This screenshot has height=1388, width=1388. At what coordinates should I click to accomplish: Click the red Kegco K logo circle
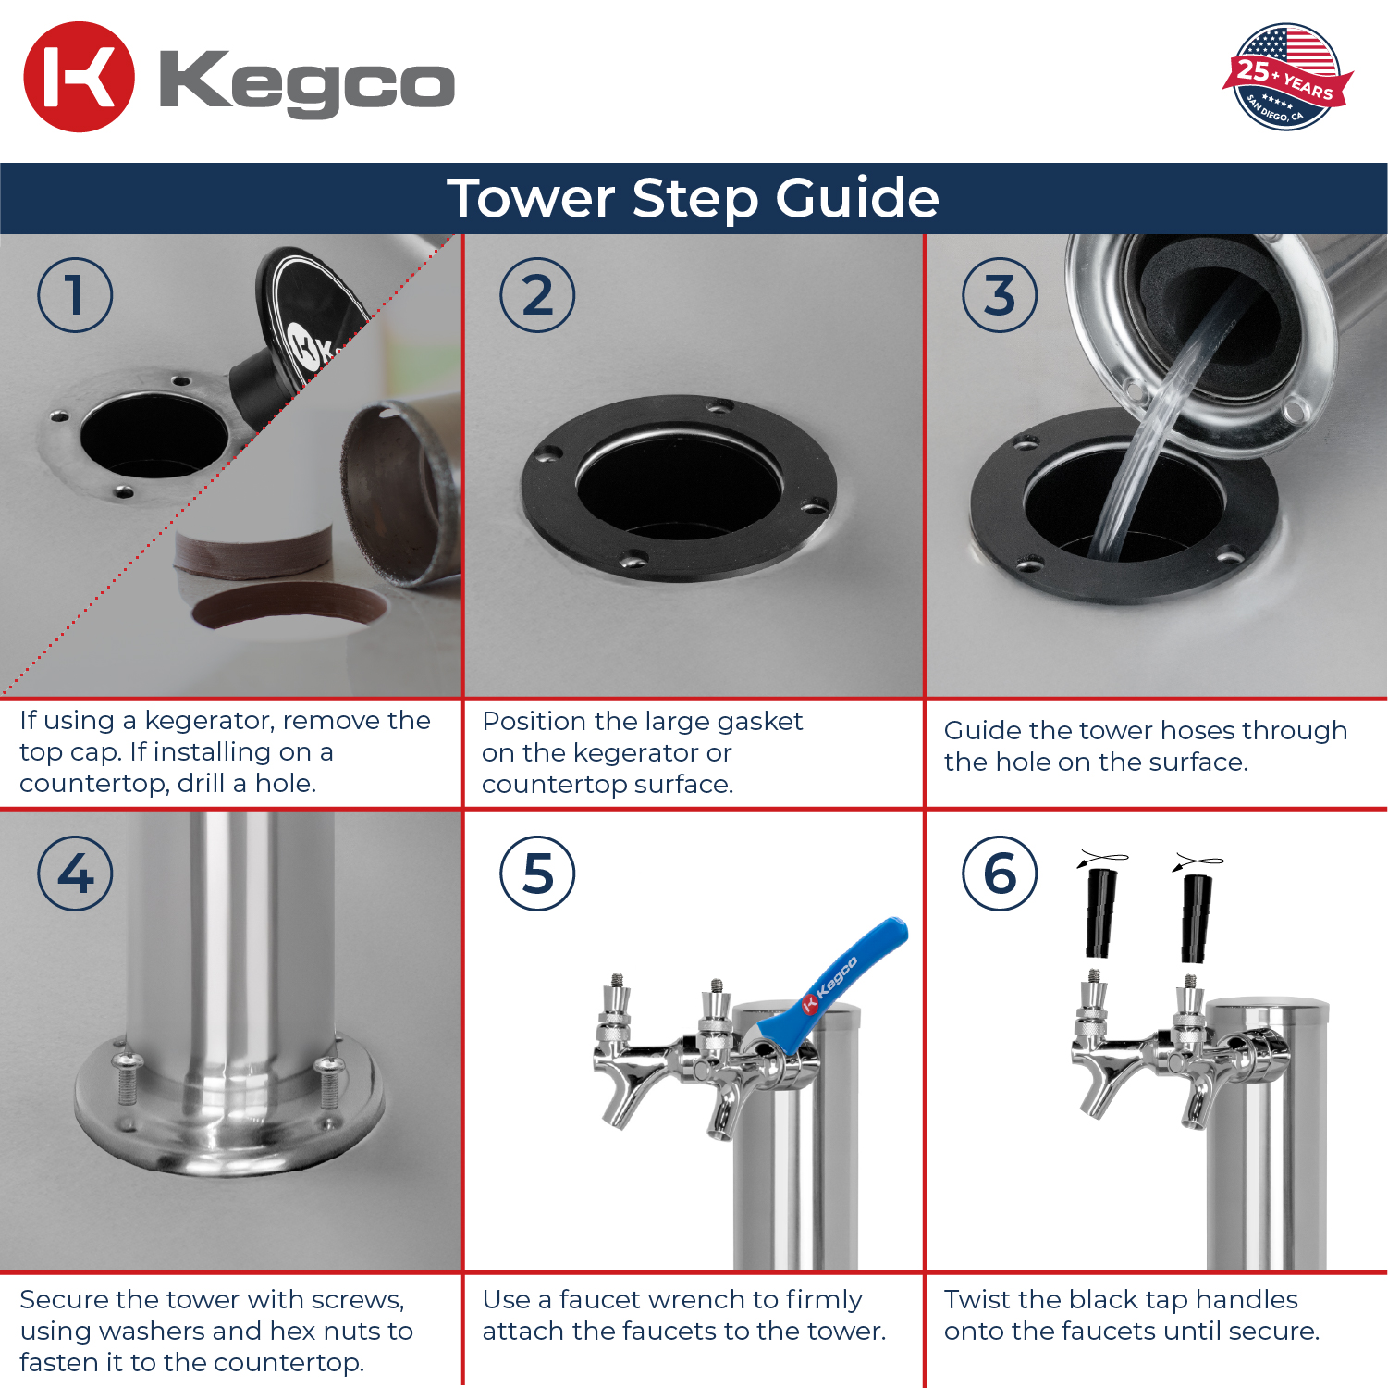point(79,77)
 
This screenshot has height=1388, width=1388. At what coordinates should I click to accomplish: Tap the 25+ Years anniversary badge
point(1286,77)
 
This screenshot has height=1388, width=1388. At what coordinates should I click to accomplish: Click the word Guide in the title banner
point(857,198)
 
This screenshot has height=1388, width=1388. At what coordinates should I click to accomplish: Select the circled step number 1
point(75,295)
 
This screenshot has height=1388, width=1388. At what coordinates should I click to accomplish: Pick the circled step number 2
point(537,295)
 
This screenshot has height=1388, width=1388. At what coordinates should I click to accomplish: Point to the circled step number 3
point(1000,295)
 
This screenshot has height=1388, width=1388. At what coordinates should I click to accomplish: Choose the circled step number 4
point(75,874)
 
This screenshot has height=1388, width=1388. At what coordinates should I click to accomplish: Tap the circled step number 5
point(537,874)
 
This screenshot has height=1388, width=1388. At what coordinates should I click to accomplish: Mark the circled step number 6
point(1000,874)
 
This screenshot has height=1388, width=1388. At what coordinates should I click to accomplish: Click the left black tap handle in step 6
point(1099,912)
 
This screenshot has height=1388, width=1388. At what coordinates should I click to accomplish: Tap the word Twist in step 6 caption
point(977,1299)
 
